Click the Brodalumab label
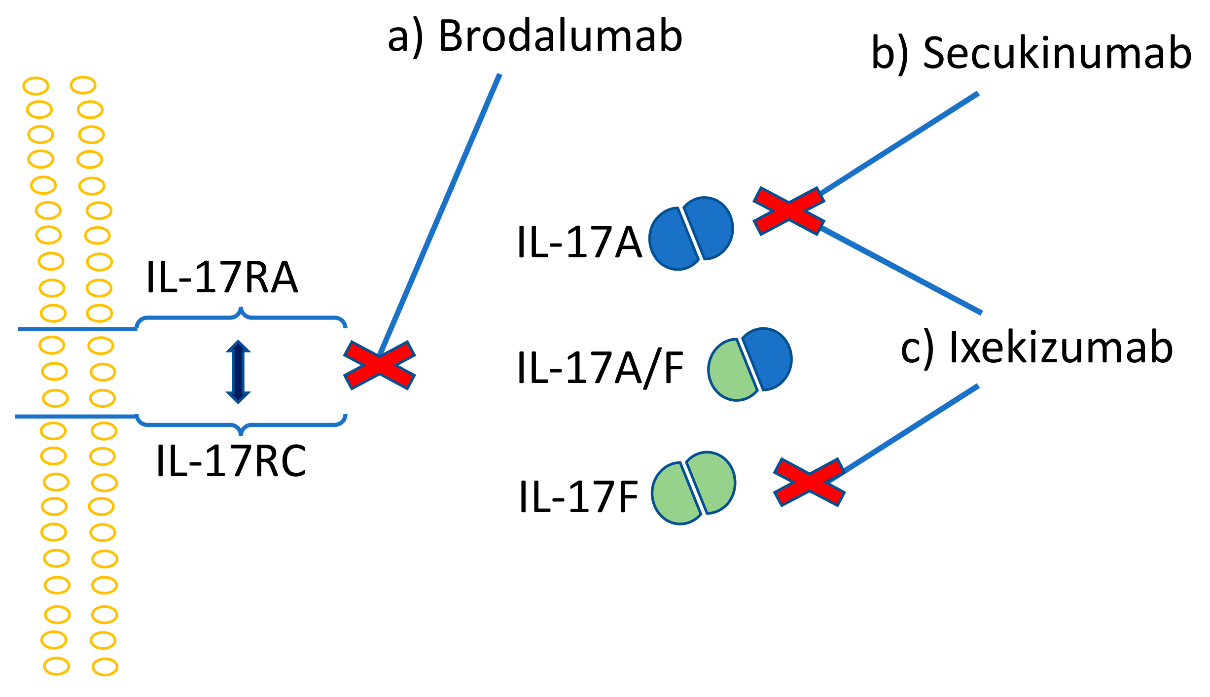(535, 36)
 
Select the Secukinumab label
(1032, 53)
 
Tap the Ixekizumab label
(1036, 348)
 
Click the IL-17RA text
(222, 278)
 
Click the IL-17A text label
(579, 243)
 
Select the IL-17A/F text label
(600, 369)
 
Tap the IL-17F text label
(578, 498)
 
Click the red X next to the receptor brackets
(379, 365)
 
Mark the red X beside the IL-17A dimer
(788, 211)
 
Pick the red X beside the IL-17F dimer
(809, 483)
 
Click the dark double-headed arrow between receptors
(238, 372)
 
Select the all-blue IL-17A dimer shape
(691, 234)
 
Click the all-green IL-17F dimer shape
(693, 488)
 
